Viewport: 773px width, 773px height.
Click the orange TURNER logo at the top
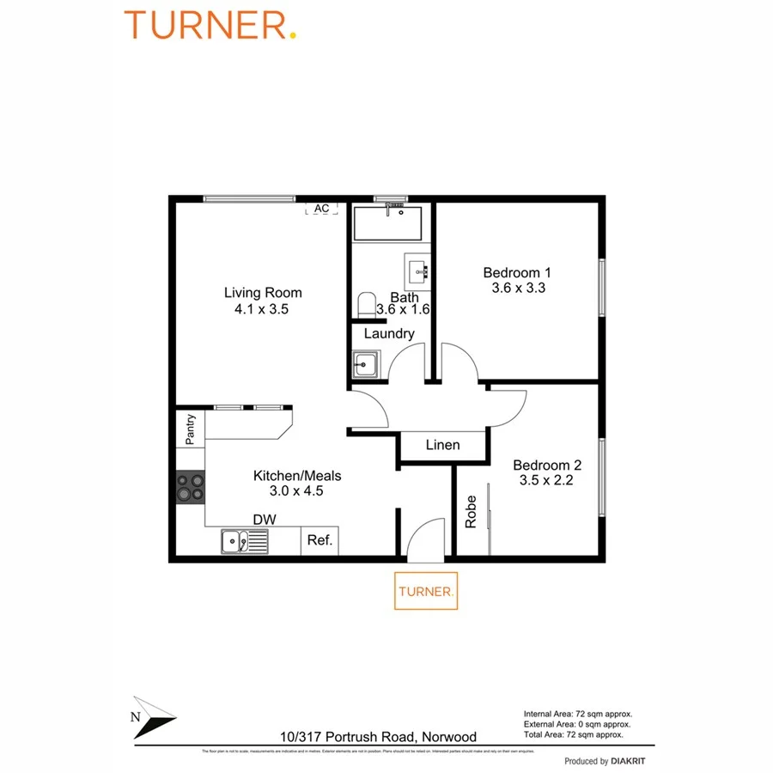pos(210,25)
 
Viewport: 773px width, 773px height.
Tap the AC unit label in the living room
pos(321,209)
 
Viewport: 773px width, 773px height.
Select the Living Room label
pos(263,293)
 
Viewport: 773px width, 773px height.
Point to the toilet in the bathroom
pos(366,304)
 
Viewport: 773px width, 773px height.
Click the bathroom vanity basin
pos(418,268)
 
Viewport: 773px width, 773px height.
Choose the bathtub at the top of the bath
pos(387,222)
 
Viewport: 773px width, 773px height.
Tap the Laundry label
pos(389,333)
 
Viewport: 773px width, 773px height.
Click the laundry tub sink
pos(365,364)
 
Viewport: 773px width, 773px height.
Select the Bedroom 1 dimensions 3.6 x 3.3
pos(518,289)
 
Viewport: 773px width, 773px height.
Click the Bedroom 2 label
pos(547,466)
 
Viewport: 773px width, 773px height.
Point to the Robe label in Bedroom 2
pos(471,512)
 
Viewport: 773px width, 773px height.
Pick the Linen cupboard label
pos(442,445)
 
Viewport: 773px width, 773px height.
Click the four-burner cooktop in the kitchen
pos(191,487)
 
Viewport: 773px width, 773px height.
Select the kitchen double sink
pos(244,541)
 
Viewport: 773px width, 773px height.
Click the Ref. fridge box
pos(320,541)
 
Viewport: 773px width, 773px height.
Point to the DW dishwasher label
pos(264,519)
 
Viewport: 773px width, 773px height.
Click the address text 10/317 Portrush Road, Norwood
pos(378,736)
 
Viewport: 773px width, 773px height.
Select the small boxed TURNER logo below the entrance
pos(426,591)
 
